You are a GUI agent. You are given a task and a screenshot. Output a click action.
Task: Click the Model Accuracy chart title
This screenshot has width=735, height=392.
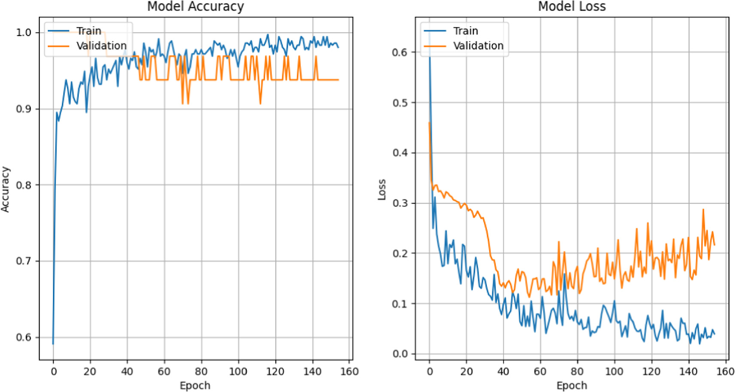click(x=195, y=6)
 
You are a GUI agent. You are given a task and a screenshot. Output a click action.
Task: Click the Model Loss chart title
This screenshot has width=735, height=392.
click(x=572, y=6)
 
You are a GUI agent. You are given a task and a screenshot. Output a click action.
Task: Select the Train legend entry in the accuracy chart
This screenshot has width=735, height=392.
click(x=88, y=31)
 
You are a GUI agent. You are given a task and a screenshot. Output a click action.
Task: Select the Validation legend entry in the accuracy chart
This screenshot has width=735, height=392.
click(x=101, y=46)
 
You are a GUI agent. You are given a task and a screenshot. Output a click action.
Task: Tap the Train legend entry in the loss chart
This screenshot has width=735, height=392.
click(x=465, y=31)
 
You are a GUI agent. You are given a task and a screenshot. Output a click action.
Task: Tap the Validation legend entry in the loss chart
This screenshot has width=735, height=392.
click(x=478, y=46)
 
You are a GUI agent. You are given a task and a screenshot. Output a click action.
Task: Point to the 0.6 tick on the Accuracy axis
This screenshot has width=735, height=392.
click(x=24, y=337)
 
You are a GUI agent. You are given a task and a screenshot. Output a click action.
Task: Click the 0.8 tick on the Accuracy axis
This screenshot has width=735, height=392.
click(x=24, y=185)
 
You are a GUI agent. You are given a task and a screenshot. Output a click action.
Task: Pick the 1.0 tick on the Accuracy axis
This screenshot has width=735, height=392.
click(x=24, y=33)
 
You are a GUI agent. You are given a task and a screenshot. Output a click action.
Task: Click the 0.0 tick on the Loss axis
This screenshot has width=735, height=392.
click(x=400, y=354)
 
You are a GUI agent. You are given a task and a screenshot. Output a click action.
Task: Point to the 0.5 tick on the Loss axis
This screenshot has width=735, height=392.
click(x=400, y=103)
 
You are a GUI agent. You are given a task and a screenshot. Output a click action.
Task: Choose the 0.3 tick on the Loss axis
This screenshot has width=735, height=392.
click(x=400, y=203)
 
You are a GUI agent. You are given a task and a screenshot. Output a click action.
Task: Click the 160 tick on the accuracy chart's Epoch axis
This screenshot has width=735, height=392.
click(x=349, y=371)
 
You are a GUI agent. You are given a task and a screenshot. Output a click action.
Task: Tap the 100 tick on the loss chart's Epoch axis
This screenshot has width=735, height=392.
click(x=614, y=371)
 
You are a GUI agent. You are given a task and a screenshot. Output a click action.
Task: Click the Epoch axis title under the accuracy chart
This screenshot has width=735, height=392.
click(x=195, y=385)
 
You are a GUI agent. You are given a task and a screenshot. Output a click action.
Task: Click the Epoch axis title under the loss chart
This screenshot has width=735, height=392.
click(x=572, y=385)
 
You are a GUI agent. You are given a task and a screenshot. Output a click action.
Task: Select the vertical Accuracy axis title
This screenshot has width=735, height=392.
click(x=5, y=189)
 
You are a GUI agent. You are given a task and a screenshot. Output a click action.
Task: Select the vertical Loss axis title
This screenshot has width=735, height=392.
click(x=381, y=189)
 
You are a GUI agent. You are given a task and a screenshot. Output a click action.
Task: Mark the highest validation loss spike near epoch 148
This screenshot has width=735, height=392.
click(x=703, y=210)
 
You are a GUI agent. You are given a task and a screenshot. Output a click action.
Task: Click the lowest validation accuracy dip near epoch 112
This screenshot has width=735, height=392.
click(x=260, y=103)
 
